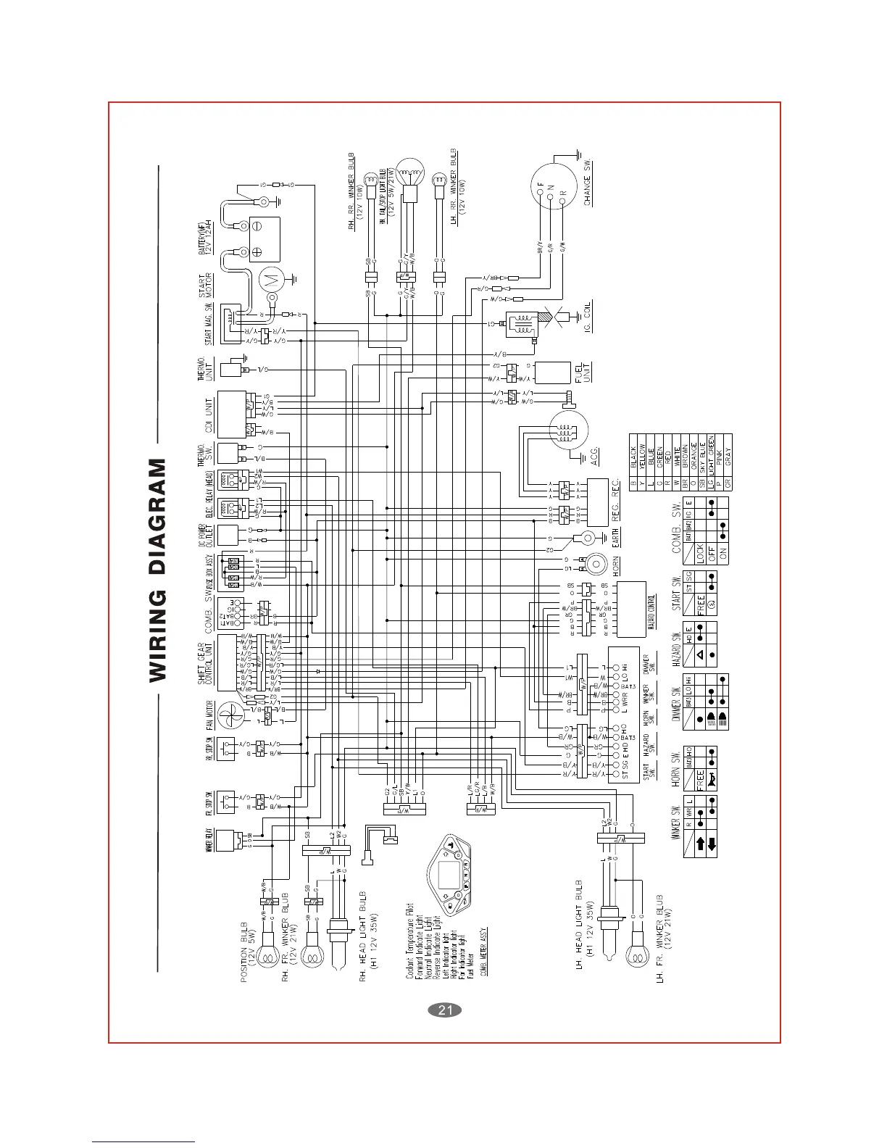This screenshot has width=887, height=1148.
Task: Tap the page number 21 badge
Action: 445,1010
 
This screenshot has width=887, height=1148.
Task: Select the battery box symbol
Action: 265,239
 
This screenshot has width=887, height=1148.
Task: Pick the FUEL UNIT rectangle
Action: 553,373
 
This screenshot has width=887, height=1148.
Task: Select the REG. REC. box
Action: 597,502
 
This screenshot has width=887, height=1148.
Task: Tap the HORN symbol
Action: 596,564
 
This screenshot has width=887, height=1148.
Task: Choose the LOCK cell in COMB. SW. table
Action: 700,553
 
